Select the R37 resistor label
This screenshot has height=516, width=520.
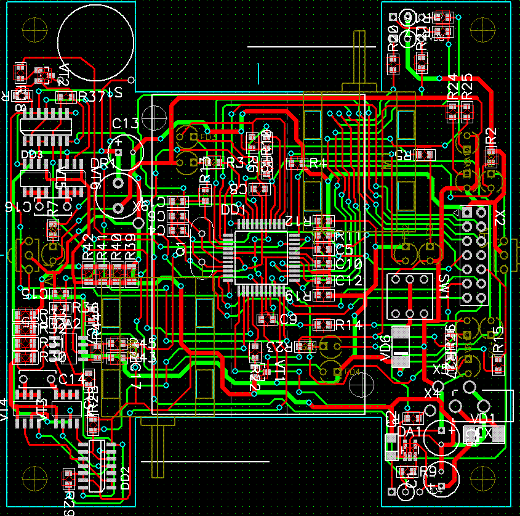coord(92,97)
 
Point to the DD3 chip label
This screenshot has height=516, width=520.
coord(32,154)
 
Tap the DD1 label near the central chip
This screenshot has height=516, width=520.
coord(233,210)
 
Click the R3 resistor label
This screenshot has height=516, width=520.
coord(235,163)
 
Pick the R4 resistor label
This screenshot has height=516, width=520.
coord(318,164)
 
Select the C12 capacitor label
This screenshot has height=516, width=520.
coord(348,281)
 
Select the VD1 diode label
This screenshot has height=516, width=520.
coord(481,419)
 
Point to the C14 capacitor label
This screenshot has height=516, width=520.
coord(71,379)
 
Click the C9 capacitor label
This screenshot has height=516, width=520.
coord(288,319)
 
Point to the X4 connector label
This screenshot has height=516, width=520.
coord(433,392)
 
